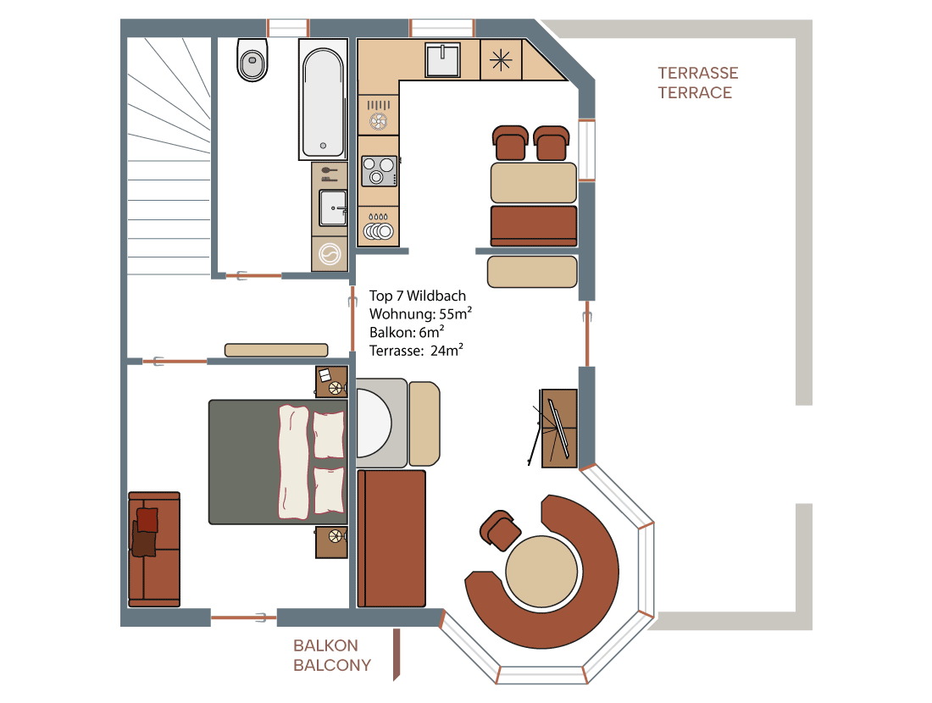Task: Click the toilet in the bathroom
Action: [x=252, y=59]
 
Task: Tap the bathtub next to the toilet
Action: [x=323, y=100]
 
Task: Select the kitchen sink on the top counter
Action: [x=443, y=59]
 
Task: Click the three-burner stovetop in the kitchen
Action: [x=379, y=170]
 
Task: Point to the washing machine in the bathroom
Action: [x=330, y=254]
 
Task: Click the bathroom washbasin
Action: [x=333, y=208]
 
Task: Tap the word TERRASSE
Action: [x=698, y=73]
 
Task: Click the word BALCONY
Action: [x=332, y=665]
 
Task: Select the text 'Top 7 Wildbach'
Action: [x=417, y=296]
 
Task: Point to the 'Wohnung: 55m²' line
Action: [x=420, y=313]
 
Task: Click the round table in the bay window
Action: [x=541, y=572]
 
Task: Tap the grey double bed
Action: [x=278, y=462]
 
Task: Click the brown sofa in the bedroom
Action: [x=154, y=549]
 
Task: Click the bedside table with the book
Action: [x=331, y=381]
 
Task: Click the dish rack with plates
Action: [x=378, y=226]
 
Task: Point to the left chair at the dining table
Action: [x=510, y=143]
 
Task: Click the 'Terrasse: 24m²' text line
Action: [x=416, y=351]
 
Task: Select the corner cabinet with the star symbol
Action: [x=501, y=60]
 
